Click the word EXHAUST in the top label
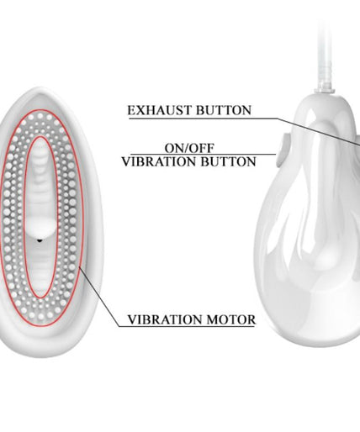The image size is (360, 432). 160,110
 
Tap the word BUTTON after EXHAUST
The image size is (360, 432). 224,110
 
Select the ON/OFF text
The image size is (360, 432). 189,148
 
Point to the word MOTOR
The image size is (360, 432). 231,319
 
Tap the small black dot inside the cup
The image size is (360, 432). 40,240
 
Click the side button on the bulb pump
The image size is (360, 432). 281,151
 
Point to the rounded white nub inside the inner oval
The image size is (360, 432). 42,226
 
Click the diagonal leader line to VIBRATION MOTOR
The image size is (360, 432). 99,297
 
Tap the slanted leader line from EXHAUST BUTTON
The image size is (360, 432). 319,131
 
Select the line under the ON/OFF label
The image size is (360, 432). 204,155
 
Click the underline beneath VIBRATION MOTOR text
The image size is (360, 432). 187,326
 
